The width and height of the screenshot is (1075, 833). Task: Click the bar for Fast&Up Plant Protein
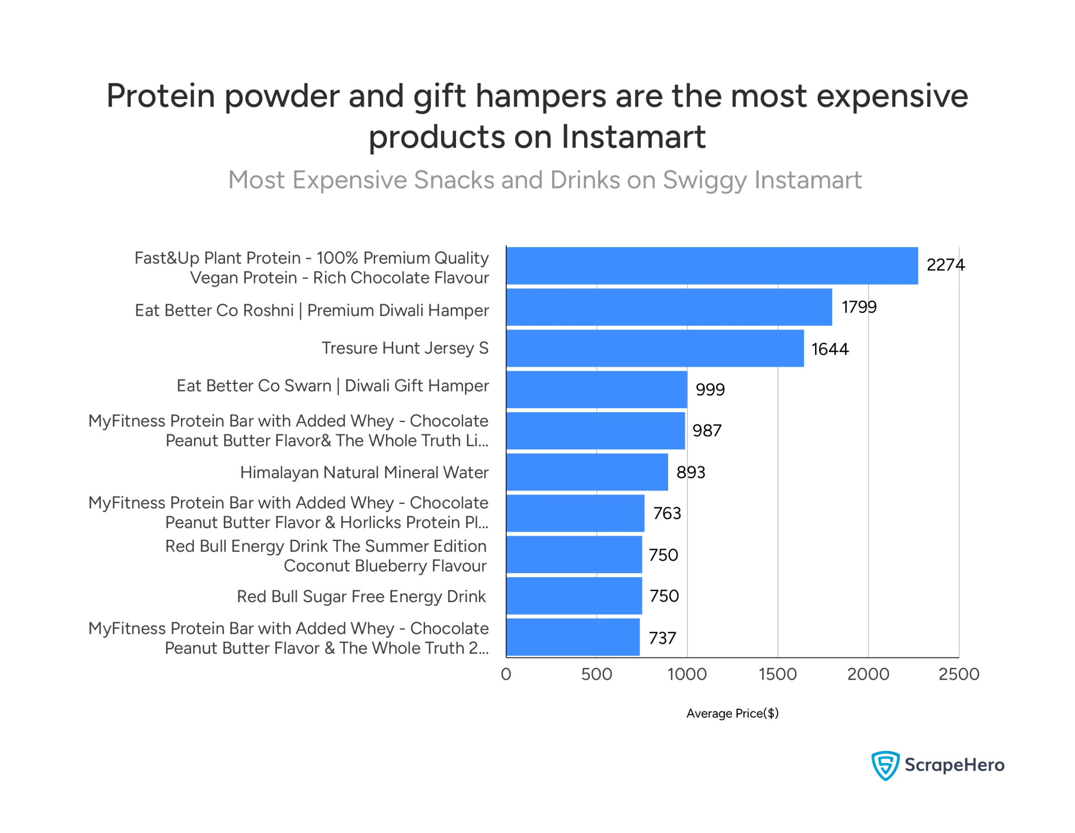[712, 266]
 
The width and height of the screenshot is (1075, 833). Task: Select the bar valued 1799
[669, 307]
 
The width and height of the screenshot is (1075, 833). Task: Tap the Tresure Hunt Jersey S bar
[655, 348]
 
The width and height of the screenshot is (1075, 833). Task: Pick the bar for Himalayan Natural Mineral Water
[587, 472]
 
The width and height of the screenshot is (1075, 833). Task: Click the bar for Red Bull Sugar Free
[574, 596]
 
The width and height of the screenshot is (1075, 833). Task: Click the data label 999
[710, 390]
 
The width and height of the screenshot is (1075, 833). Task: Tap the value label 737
[663, 638]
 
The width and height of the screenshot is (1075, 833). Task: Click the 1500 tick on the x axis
[778, 674]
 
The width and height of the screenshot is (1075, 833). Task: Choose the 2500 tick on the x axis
[958, 674]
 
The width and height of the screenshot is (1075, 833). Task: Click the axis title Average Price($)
[732, 713]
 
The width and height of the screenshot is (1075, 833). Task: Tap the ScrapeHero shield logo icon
[886, 765]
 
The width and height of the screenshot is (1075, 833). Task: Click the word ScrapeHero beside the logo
[954, 765]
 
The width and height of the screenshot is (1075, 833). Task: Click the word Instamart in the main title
[634, 136]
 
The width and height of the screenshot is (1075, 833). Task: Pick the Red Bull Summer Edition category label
[326, 556]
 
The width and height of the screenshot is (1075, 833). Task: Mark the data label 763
[667, 513]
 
